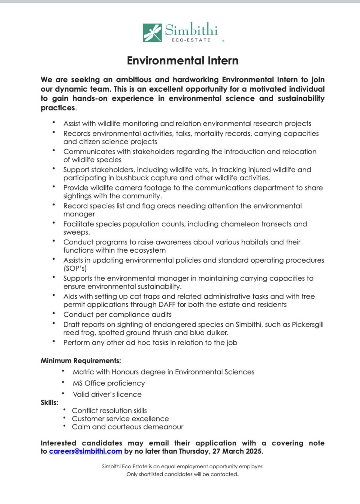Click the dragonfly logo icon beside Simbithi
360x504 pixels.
click(x=152, y=32)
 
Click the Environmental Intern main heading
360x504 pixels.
click(x=182, y=60)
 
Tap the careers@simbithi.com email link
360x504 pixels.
click(x=85, y=451)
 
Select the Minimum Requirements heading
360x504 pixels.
click(x=81, y=361)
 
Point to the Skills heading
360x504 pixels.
click(x=49, y=402)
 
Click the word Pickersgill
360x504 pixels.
click(x=307, y=324)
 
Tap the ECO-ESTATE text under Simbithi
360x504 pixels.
click(x=191, y=40)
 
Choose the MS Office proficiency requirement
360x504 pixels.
click(x=109, y=383)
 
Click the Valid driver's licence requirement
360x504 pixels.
click(x=107, y=394)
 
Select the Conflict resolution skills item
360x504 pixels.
click(x=109, y=410)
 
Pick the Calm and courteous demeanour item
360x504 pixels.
click(x=127, y=427)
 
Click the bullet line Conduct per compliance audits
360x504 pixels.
click(x=117, y=314)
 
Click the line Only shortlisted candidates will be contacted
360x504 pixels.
click(x=182, y=474)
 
